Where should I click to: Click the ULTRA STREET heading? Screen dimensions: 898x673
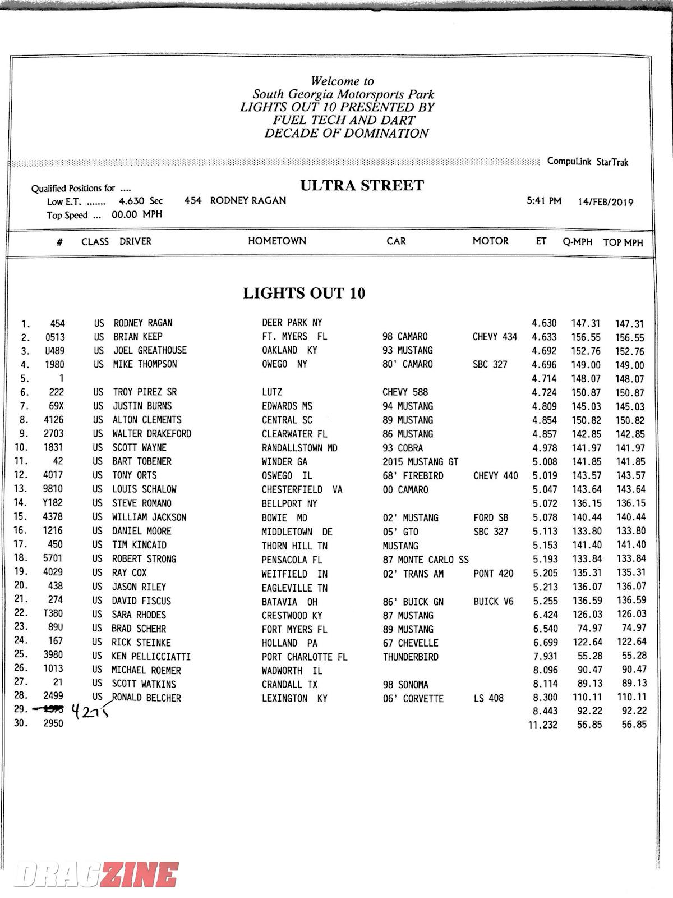point(362,186)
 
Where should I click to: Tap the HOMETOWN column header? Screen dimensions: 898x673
point(277,241)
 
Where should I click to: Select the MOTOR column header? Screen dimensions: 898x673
point(490,241)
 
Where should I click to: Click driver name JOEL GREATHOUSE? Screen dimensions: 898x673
point(150,350)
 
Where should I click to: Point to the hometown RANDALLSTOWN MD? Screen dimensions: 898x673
point(299,448)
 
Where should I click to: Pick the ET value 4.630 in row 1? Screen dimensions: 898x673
point(544,323)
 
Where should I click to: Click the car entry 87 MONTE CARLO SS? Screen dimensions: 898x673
point(426,559)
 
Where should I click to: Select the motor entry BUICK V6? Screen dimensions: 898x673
point(493,601)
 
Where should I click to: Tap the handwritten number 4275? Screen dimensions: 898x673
point(89,712)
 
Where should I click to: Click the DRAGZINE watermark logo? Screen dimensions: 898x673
point(96,874)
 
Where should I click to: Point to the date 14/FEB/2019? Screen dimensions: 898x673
point(606,202)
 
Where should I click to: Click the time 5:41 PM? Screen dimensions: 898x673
point(543,201)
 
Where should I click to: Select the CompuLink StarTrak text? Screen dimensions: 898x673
point(587,162)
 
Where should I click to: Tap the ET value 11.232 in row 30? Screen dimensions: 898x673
point(542,725)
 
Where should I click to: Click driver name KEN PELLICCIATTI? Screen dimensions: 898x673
point(151,656)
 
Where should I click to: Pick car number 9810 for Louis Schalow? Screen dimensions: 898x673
point(53,489)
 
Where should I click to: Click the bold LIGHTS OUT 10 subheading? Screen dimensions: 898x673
point(304,293)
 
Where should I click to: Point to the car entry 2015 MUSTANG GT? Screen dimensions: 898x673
point(420,462)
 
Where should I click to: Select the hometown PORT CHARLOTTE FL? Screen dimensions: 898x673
point(304,657)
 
